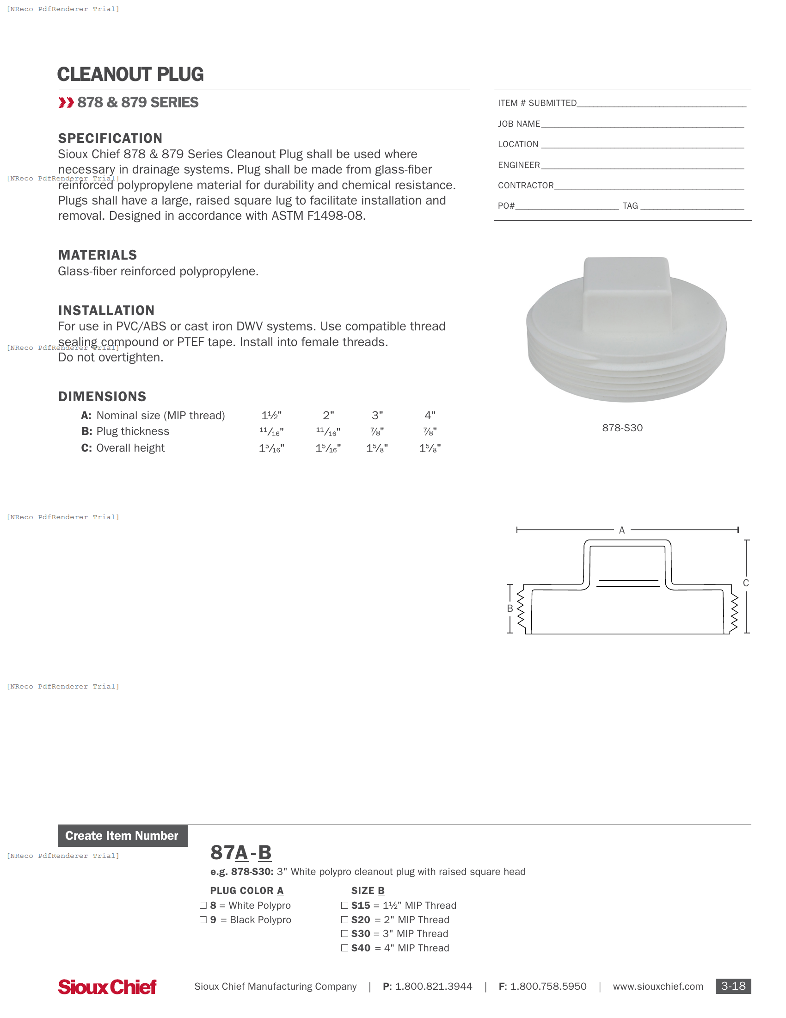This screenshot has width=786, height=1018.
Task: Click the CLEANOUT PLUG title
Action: pos(130,74)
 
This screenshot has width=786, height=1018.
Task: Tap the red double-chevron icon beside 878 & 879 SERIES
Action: pos(66,103)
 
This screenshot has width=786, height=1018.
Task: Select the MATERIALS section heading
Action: pos(97,255)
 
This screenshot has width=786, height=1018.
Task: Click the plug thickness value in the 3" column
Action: pos(377,432)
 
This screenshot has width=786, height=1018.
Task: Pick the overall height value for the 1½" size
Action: pos(271,448)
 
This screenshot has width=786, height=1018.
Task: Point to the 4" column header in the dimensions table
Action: pos(430,416)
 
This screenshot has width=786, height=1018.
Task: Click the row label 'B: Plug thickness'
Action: pos(125,432)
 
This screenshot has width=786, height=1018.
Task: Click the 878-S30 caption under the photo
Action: pos(622,428)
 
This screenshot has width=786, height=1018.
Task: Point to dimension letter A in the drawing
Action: pos(621,530)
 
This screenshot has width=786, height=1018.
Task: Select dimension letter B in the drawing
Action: pos(510,608)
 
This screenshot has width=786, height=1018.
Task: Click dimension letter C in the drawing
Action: pos(745,583)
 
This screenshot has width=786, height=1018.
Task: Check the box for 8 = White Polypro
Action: pos(203,905)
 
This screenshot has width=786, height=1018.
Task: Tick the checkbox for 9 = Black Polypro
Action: pos(203,919)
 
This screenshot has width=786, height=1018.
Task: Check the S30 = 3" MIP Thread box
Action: pos(344,934)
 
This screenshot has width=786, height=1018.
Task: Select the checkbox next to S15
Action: pos(344,905)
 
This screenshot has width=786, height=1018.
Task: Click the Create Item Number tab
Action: pos(122,836)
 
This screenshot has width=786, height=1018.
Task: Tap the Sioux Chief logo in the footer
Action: pos(107,987)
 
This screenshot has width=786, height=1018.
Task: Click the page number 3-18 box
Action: pos(733,987)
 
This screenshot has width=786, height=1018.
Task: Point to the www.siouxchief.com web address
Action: pos(657,987)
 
